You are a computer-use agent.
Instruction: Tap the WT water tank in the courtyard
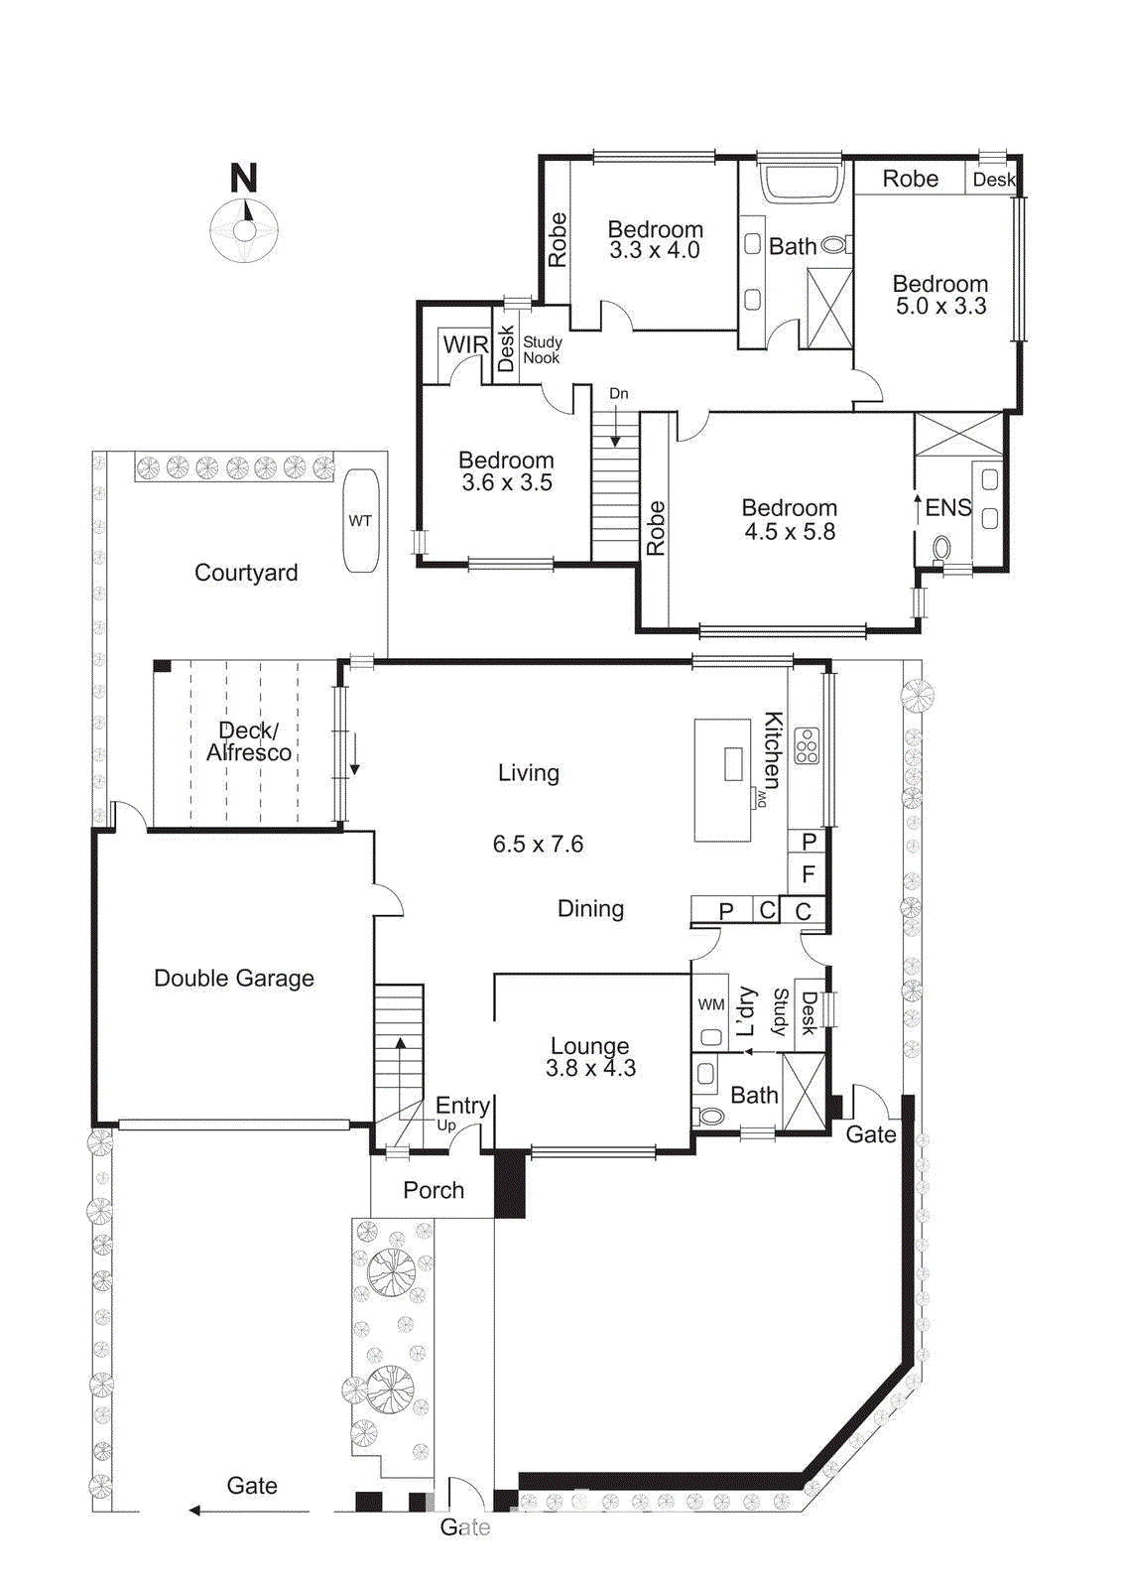[360, 521]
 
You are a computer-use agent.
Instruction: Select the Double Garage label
[234, 979]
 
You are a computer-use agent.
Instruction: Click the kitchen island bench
[722, 780]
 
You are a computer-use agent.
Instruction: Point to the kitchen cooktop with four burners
[807, 746]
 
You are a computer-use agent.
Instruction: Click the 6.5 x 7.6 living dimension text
[538, 845]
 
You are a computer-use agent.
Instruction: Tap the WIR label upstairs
[464, 344]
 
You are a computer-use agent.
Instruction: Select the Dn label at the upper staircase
[618, 394]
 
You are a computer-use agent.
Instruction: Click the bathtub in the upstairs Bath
[800, 184]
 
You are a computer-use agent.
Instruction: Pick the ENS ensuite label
[947, 508]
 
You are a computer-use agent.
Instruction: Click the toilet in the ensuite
[940, 547]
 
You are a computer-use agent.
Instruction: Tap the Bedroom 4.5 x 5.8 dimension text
[790, 532]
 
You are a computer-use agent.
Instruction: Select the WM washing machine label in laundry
[710, 1004]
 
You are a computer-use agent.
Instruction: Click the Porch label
[434, 1190]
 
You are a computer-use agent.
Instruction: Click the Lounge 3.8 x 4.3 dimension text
[590, 1069]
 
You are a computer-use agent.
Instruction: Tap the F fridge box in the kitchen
[809, 874]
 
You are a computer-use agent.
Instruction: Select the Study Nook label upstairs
[542, 349]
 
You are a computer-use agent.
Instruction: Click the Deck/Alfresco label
[248, 741]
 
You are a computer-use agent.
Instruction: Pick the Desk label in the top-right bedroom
[993, 180]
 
